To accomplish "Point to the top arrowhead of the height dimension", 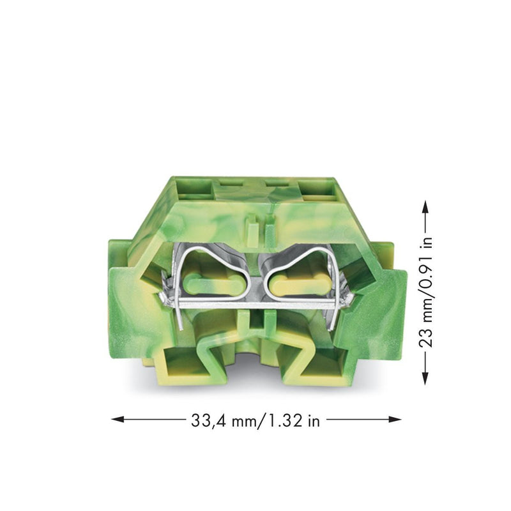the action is click(425, 206).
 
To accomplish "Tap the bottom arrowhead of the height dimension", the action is click(425, 378).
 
